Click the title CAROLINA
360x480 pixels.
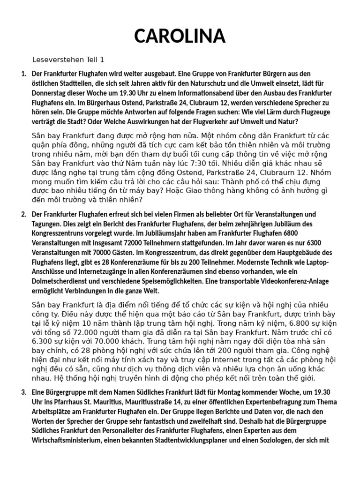[180, 36]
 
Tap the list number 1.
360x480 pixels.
[23, 74]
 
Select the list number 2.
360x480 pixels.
[23, 215]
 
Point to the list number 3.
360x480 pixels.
[23, 392]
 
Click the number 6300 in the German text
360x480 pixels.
[311, 242]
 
